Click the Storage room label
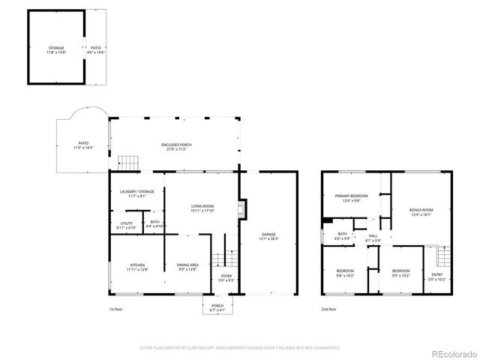tap(56, 49)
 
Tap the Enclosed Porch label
tap(175, 146)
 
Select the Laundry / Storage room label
tap(136, 193)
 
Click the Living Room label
tap(202, 208)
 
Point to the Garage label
tap(268, 236)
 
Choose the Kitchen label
tap(139, 266)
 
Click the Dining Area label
tap(187, 266)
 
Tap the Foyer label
tap(226, 278)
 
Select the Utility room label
tap(126, 224)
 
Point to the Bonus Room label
tap(421, 211)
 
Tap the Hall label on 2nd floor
tap(373, 238)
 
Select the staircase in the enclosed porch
tap(129, 162)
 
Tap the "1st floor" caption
tap(117, 309)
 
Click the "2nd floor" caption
tap(328, 309)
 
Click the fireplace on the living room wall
tap(241, 208)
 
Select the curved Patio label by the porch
tap(83, 145)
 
